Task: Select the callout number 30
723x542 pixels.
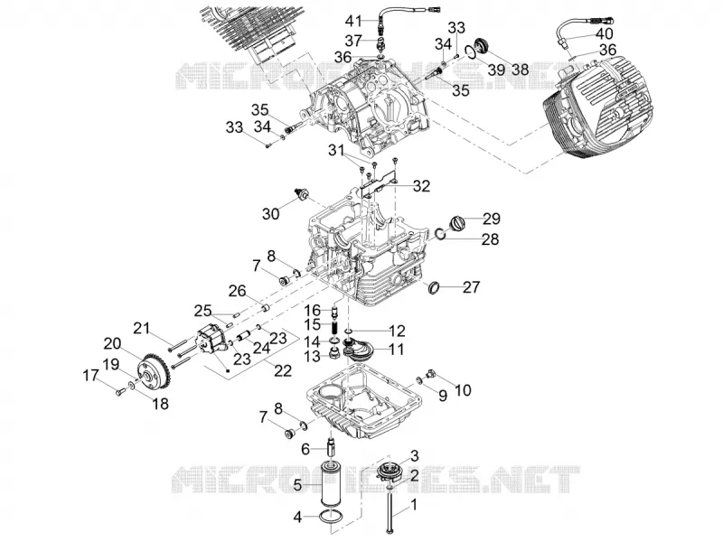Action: (x=270, y=213)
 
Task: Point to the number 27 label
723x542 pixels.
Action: (x=471, y=287)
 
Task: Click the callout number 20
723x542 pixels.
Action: (x=112, y=343)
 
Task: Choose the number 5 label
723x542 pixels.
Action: (x=296, y=484)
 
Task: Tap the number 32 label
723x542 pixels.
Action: (x=421, y=186)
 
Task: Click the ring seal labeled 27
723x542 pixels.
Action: (x=433, y=288)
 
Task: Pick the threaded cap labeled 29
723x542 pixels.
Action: (x=457, y=221)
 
